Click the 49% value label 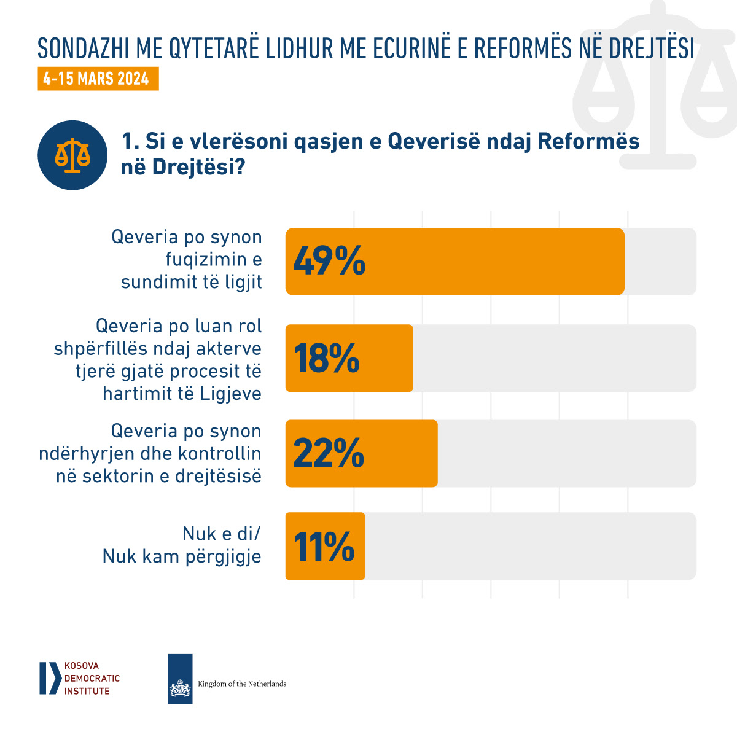click(x=329, y=261)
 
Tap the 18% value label click(x=327, y=358)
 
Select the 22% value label click(x=329, y=453)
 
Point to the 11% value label click(x=324, y=546)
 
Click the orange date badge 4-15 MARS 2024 click(x=98, y=79)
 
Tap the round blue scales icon click(x=72, y=155)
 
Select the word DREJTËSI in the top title click(x=652, y=49)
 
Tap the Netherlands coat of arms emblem click(x=180, y=687)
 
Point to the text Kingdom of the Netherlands click(x=242, y=684)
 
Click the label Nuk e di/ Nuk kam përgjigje click(x=182, y=545)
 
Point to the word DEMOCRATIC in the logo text click(x=92, y=679)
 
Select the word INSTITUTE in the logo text click(x=87, y=691)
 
